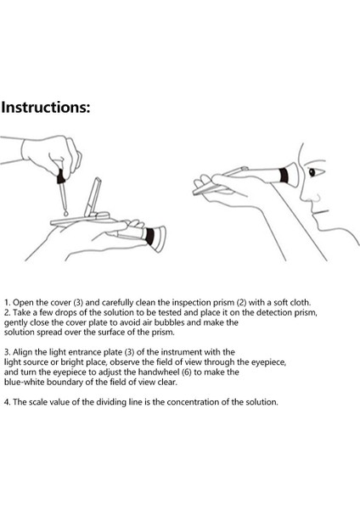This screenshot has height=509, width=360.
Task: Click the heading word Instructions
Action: point(45,107)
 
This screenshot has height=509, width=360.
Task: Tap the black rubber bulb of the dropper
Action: point(60,176)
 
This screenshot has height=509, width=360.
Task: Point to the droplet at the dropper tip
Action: point(66,214)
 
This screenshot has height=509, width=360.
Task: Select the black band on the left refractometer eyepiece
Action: point(149,236)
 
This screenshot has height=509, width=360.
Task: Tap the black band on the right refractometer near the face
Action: point(284,176)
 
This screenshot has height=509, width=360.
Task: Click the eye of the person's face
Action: point(312,172)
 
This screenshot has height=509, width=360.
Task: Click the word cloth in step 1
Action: point(301,303)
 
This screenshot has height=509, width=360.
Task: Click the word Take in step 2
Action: point(21,312)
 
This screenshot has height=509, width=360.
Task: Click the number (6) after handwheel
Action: point(187,372)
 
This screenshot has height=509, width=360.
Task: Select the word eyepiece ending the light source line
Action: point(269,362)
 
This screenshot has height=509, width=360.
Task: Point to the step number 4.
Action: point(7,402)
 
